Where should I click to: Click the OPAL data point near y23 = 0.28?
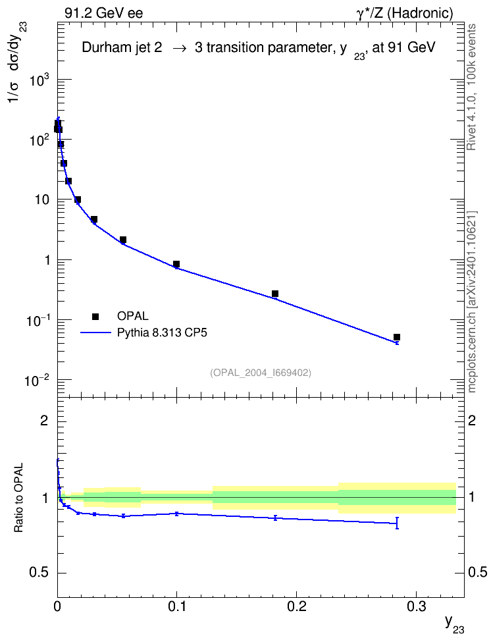point(397,337)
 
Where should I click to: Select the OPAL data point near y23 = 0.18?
point(275,294)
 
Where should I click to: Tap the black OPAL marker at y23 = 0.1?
point(176,264)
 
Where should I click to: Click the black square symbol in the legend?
point(95,316)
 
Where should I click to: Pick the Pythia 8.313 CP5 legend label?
point(162,333)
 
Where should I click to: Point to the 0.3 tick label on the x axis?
point(416,606)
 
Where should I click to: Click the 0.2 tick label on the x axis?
point(296,606)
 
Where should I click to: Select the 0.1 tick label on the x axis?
point(176,606)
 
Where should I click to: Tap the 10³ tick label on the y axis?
point(39,80)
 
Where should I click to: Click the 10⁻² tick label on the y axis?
point(38,381)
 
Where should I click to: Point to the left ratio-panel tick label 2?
point(44,420)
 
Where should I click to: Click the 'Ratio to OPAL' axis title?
point(18,498)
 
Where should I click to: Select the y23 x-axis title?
point(454,624)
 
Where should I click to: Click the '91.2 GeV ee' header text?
point(104,13)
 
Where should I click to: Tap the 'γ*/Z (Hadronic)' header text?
point(405,13)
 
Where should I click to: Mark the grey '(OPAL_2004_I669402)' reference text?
point(261,373)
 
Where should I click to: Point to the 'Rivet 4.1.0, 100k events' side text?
point(471,88)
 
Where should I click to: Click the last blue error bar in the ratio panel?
point(397,523)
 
